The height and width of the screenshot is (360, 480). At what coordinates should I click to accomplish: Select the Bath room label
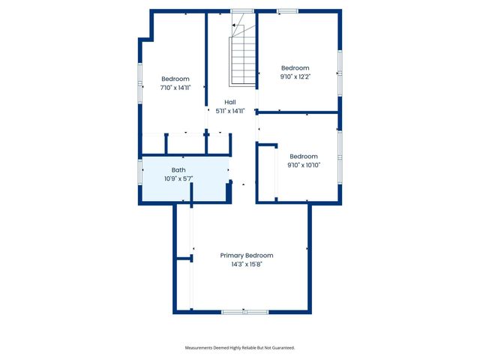coord(178,170)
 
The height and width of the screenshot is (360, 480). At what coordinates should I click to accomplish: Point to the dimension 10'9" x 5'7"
coord(178,178)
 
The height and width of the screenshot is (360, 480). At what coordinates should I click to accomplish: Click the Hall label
coord(231,102)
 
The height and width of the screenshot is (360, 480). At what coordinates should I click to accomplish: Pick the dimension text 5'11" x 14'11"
coord(231,111)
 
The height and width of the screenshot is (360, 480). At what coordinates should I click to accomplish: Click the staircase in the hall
coord(243,56)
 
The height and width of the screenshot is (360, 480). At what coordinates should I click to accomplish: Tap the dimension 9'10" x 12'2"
coord(295,76)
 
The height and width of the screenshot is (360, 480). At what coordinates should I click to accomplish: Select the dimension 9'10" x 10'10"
coord(304,165)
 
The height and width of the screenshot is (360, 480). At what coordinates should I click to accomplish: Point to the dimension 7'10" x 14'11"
coord(175,88)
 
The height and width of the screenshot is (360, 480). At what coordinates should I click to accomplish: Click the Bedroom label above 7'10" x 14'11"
coord(175,79)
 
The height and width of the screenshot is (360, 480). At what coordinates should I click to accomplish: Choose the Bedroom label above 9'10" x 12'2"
coord(295,67)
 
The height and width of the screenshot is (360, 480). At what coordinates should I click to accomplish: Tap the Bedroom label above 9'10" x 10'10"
coord(304,156)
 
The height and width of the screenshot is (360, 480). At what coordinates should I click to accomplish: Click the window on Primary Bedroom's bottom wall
coord(244,311)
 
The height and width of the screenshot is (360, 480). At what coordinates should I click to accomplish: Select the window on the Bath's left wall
coord(140,172)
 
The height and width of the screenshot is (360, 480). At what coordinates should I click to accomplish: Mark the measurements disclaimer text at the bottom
coord(240,348)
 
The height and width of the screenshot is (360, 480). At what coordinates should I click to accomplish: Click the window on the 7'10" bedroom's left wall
coord(140,80)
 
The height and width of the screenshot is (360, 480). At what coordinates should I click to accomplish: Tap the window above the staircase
coord(241,10)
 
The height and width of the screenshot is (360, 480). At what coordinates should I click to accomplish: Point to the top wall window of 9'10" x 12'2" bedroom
coord(286,10)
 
